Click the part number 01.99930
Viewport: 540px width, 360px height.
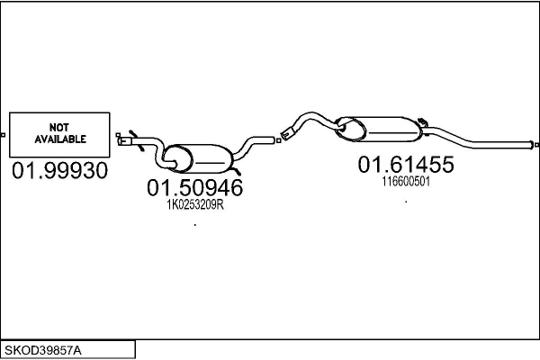click(59, 170)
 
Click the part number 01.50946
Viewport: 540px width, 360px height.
click(194, 189)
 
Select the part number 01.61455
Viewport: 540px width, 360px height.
click(406, 165)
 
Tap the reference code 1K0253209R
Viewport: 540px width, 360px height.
click(194, 205)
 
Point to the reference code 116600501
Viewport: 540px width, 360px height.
click(406, 181)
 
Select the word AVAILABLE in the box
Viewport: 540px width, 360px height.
click(60, 139)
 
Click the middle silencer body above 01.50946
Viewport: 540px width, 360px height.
click(202, 158)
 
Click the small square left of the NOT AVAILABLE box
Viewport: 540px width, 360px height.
click(4, 135)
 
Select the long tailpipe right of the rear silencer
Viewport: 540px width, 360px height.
click(477, 142)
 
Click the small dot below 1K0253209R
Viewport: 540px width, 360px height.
click(194, 224)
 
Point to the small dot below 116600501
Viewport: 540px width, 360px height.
click(406, 202)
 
